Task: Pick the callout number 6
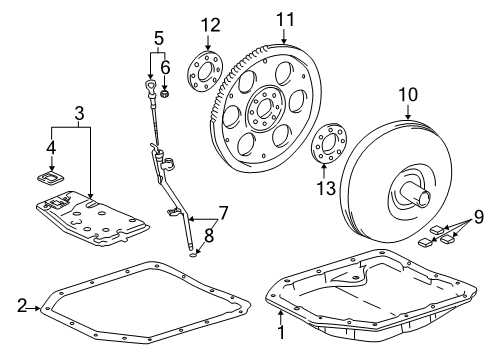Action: point(166,68)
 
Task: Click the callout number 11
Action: point(286,19)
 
